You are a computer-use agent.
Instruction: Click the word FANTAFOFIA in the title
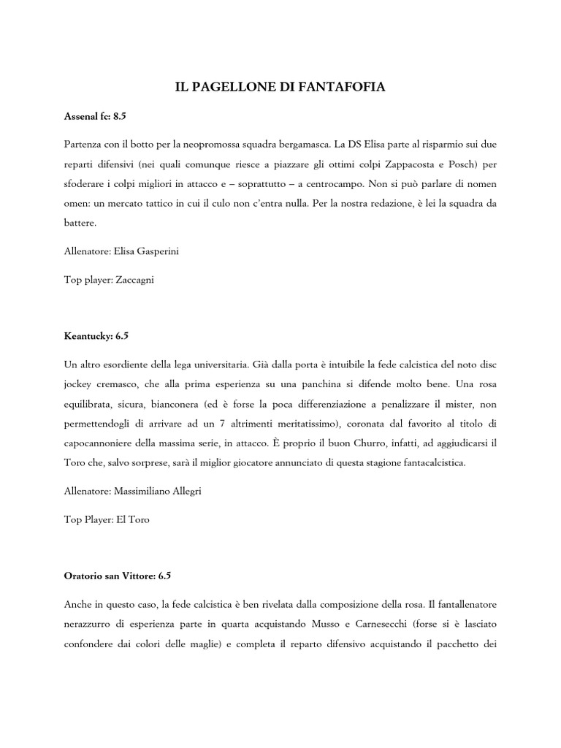tap(343, 87)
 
